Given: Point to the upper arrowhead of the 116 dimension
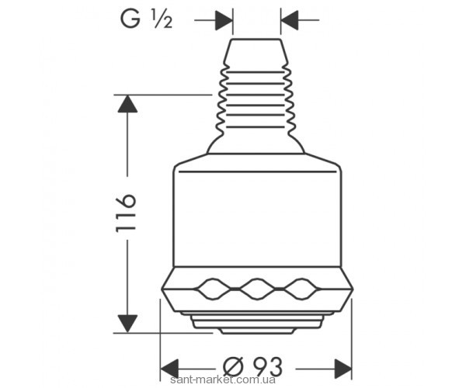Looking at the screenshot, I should tap(127, 105).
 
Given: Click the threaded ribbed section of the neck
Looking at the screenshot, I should tap(256, 97).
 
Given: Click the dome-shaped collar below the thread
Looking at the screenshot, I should tap(256, 144).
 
